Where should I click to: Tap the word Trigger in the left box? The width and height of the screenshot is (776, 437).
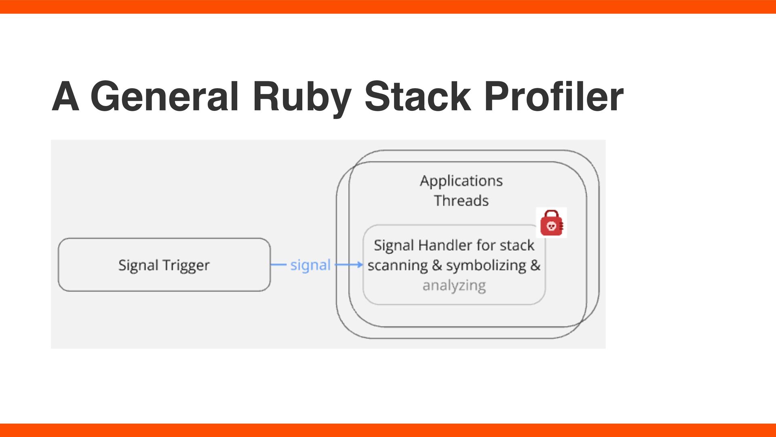click(x=186, y=266)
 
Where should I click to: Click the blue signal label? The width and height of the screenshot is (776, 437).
click(x=310, y=265)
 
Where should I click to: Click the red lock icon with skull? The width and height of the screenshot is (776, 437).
click(x=551, y=223)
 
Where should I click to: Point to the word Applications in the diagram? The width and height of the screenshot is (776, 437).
click(x=461, y=181)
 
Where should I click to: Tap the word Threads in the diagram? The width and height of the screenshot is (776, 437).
click(x=461, y=201)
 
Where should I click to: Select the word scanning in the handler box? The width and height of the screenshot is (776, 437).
click(x=397, y=266)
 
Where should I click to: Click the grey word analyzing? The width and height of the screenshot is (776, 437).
click(x=454, y=286)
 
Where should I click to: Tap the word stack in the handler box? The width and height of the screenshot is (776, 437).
click(x=517, y=245)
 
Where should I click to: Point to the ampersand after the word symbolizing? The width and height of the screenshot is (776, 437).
click(x=535, y=265)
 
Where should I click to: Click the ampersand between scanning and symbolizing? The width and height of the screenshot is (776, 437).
click(x=437, y=265)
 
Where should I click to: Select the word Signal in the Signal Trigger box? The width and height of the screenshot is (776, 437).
click(x=138, y=266)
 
